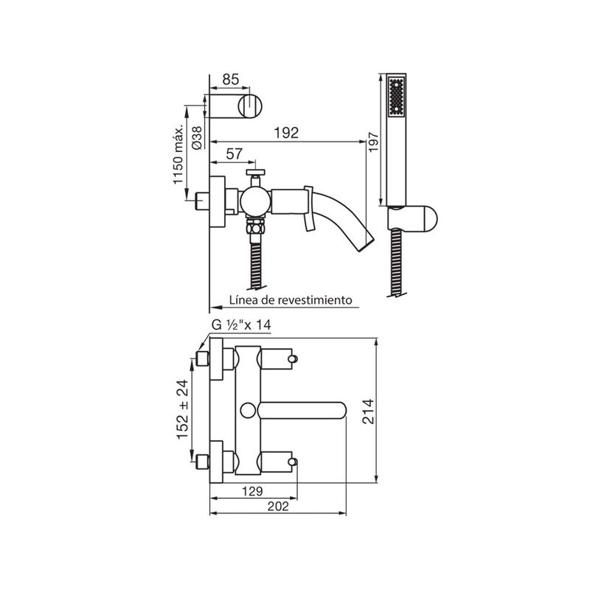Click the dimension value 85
[x=230, y=80]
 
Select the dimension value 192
[x=286, y=133]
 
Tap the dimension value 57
[x=235, y=154]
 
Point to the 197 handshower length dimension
[x=373, y=142]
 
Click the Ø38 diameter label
[x=197, y=137]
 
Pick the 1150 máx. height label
[x=178, y=155]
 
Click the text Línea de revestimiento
[x=291, y=300]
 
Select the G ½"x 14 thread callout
[x=241, y=324]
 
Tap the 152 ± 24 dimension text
[x=183, y=409]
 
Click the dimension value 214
[x=368, y=412]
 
